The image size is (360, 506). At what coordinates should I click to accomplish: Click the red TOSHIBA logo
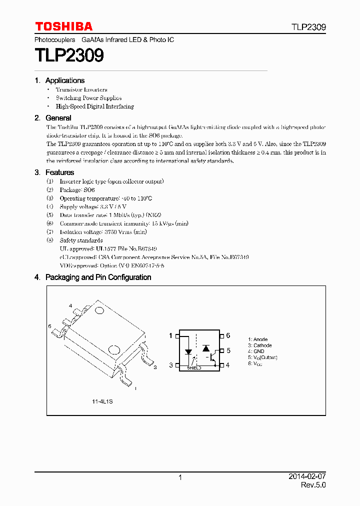pos(63,26)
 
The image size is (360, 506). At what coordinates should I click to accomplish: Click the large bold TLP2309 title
pos(69,55)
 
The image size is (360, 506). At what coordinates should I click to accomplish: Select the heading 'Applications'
pos(64,80)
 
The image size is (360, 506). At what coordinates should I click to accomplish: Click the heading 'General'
pos(58,118)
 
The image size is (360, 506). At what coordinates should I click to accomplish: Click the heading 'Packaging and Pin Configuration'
pos(98,277)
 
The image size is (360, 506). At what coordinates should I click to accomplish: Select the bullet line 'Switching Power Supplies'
pos(88,98)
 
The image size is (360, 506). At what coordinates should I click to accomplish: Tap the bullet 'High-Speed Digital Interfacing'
pos(94,106)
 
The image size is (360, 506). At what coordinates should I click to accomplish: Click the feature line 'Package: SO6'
pos(77,190)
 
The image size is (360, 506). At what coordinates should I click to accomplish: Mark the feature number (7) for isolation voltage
pos(49,232)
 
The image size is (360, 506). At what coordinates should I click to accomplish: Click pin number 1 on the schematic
pos(170,336)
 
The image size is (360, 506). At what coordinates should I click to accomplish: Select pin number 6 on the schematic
pos(228,336)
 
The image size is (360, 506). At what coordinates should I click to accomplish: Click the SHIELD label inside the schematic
pos(194,367)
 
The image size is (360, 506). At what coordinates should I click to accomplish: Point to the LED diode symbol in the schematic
pos(188,351)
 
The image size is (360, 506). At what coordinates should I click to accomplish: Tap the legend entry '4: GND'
pos(256,351)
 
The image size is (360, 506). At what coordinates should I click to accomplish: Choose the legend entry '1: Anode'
pos(258,339)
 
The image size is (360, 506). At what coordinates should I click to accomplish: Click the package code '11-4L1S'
pos(102,401)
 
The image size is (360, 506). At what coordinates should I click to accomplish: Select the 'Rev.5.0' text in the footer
pos(313,485)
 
